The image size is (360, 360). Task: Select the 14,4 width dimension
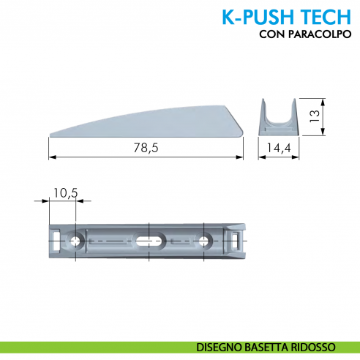[279, 148]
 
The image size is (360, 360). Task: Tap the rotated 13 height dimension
[312, 116]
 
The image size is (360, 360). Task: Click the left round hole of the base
[77, 241]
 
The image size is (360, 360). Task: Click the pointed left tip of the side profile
[50, 135]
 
